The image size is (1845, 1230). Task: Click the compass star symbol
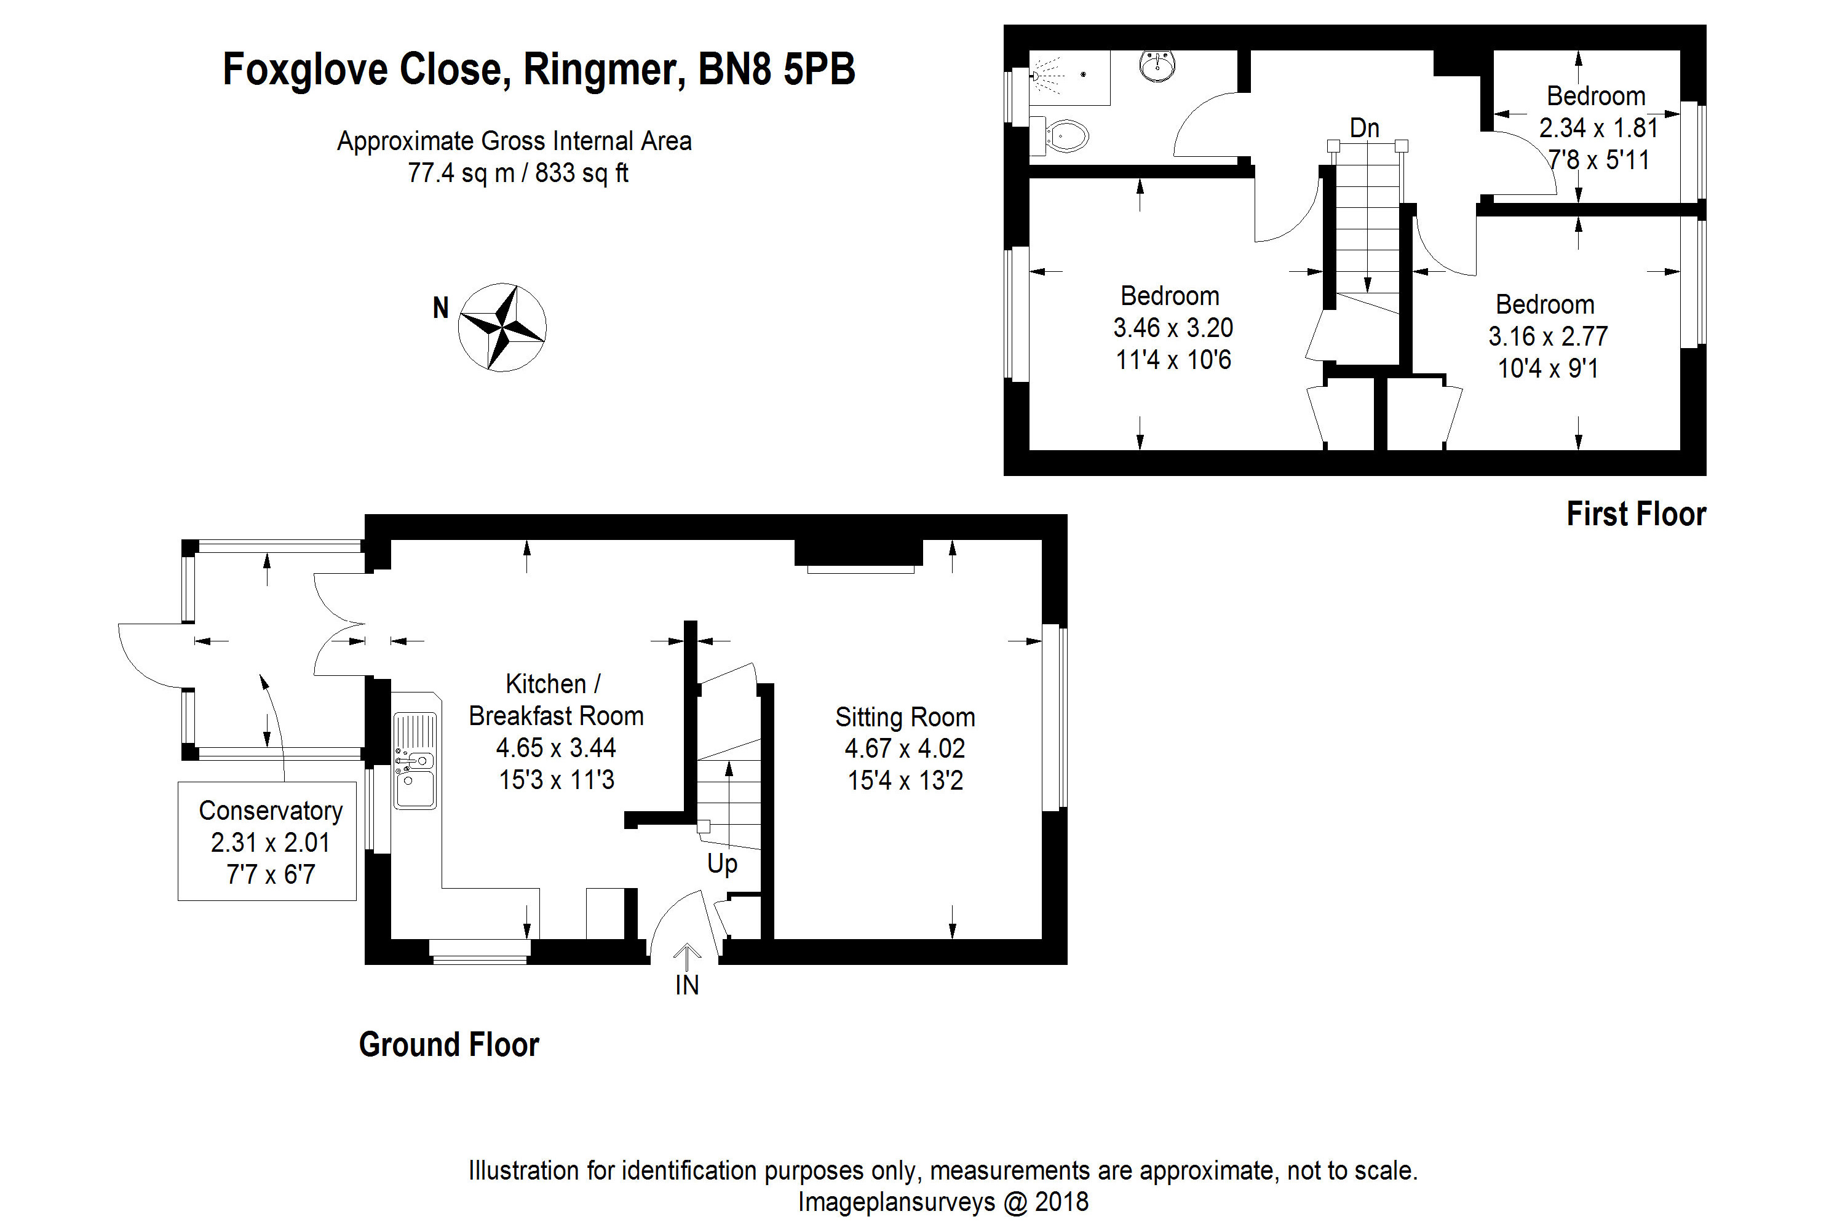tap(502, 327)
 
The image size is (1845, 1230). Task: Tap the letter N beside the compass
tap(441, 307)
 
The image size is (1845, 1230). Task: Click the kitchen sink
tap(414, 760)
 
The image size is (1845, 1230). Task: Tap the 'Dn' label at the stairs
tap(1364, 128)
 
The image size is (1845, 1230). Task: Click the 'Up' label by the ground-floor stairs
tap(721, 863)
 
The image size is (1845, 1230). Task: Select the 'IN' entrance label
tap(686, 985)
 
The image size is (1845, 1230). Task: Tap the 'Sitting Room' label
tap(905, 717)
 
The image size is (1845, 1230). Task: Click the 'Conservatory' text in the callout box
tap(271, 811)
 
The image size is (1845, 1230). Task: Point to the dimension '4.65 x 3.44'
tap(555, 748)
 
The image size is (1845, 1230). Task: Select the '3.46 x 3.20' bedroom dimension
tap(1173, 327)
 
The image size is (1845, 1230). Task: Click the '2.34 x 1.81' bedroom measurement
tap(1598, 128)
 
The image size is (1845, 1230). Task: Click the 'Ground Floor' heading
tap(449, 1044)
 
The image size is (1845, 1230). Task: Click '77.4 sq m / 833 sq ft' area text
tap(518, 173)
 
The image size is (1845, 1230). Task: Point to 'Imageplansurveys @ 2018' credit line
tap(942, 1202)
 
